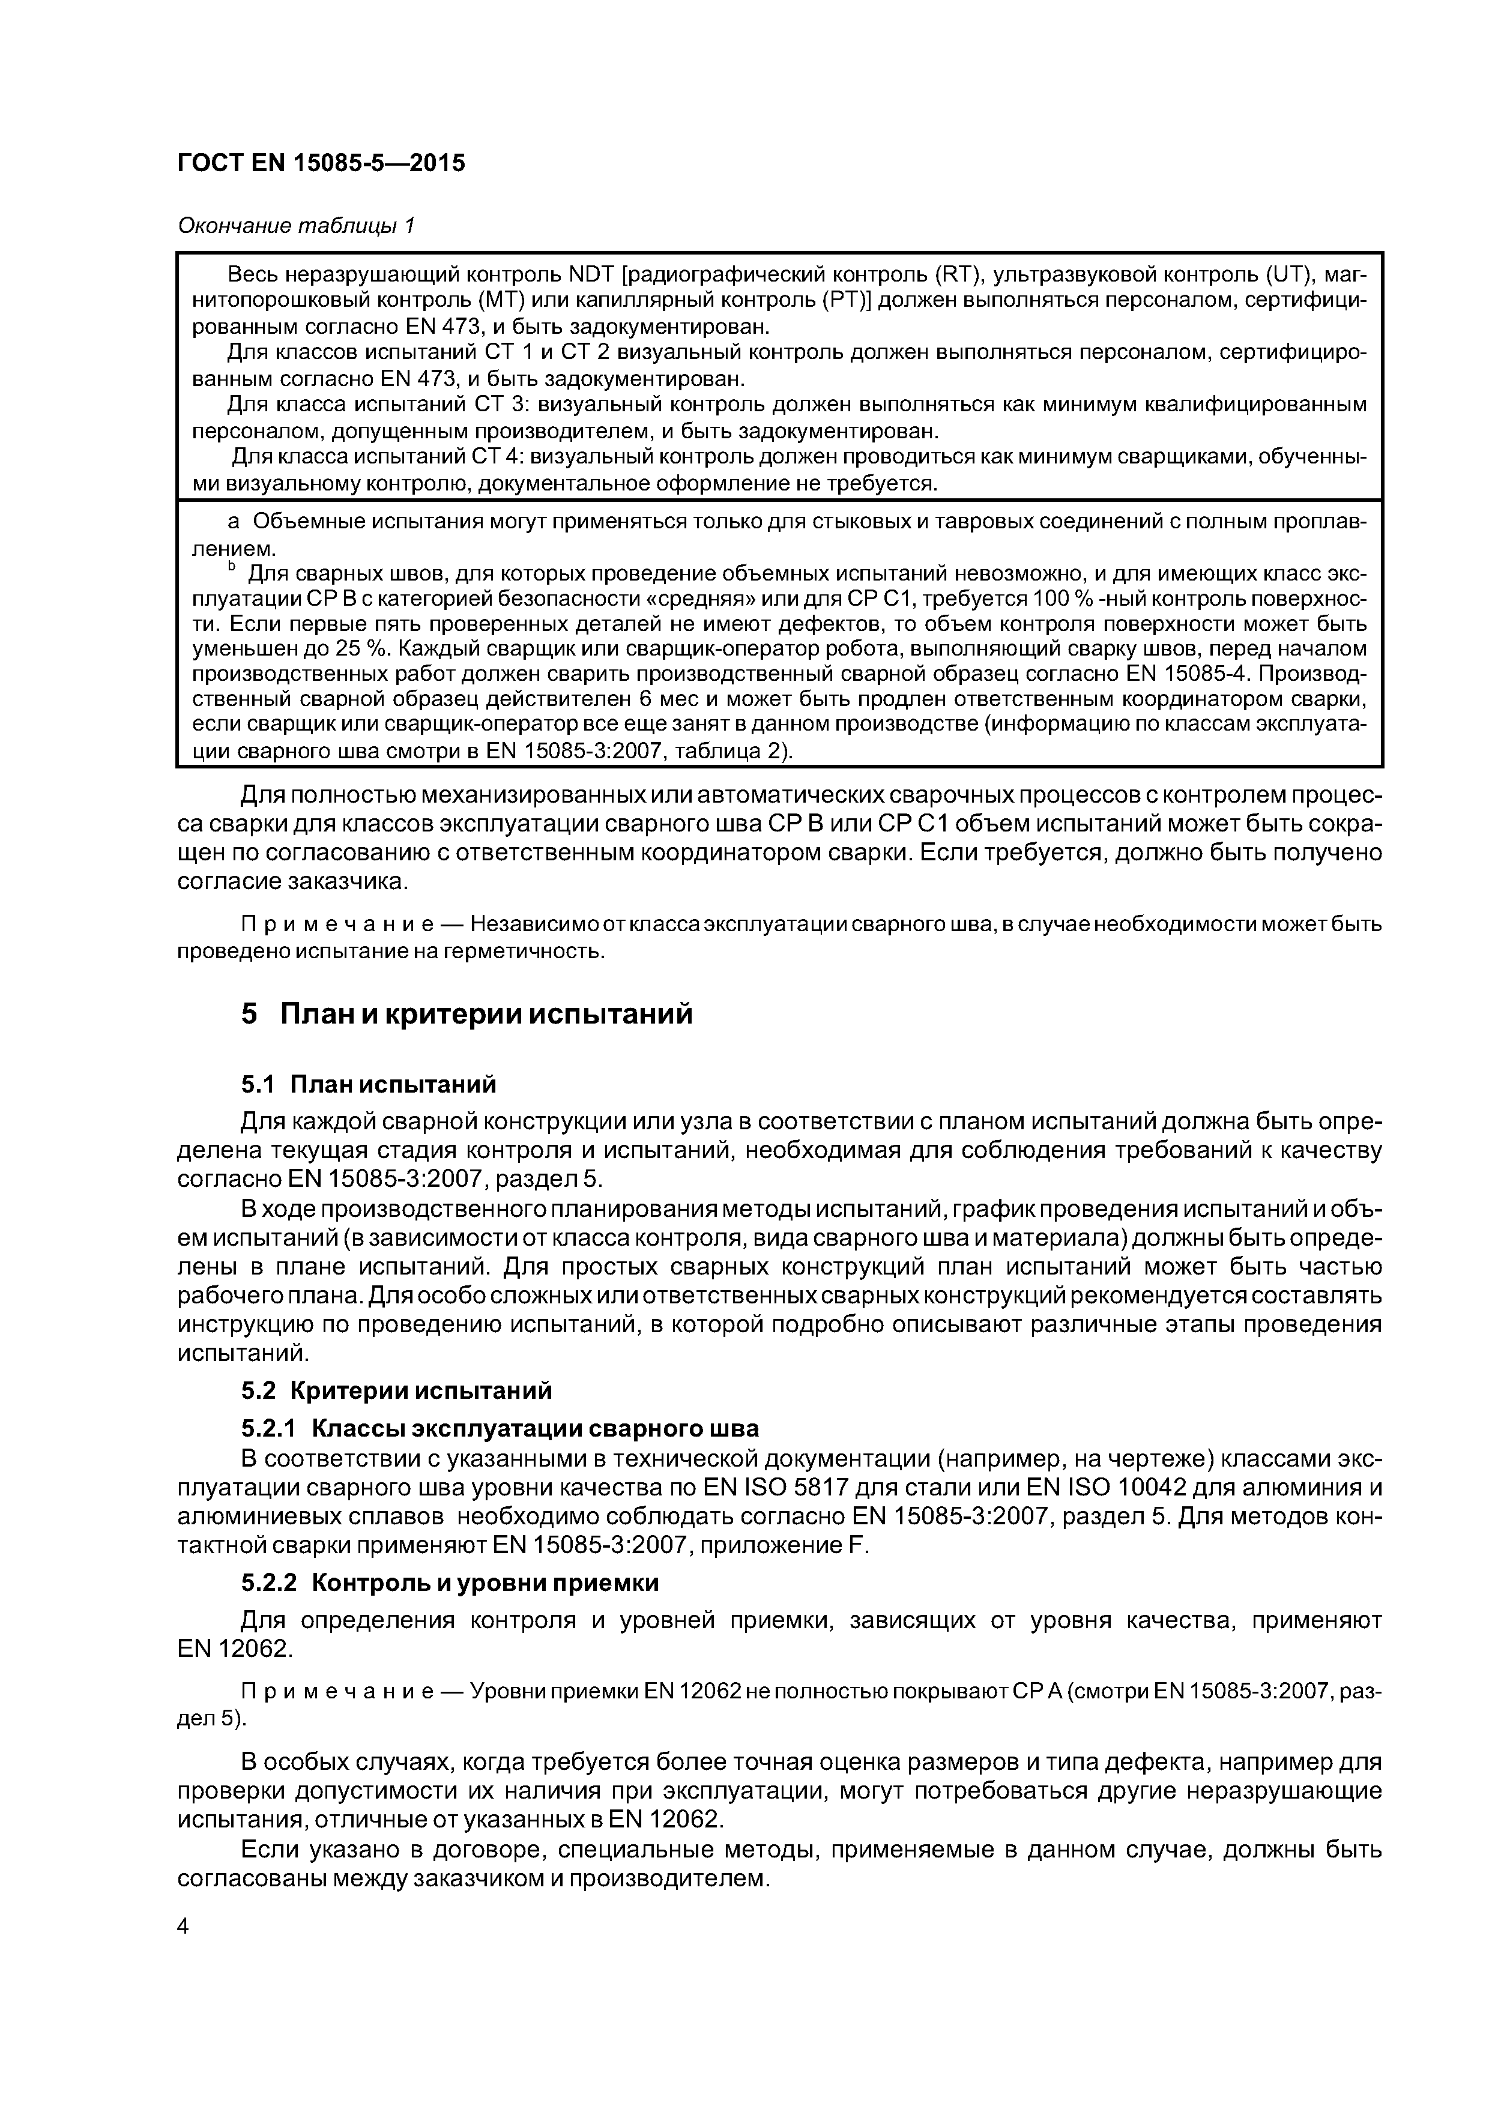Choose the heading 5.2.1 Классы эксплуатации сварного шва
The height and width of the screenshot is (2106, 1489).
(500, 1428)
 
